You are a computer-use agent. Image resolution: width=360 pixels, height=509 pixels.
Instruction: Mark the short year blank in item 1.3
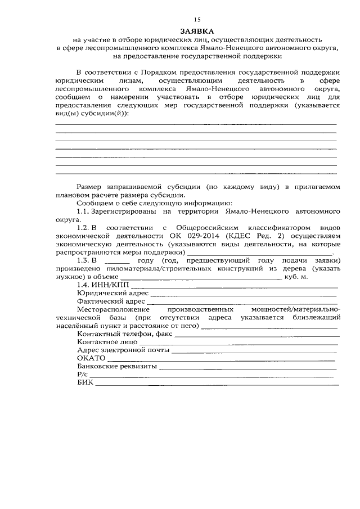(117, 262)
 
